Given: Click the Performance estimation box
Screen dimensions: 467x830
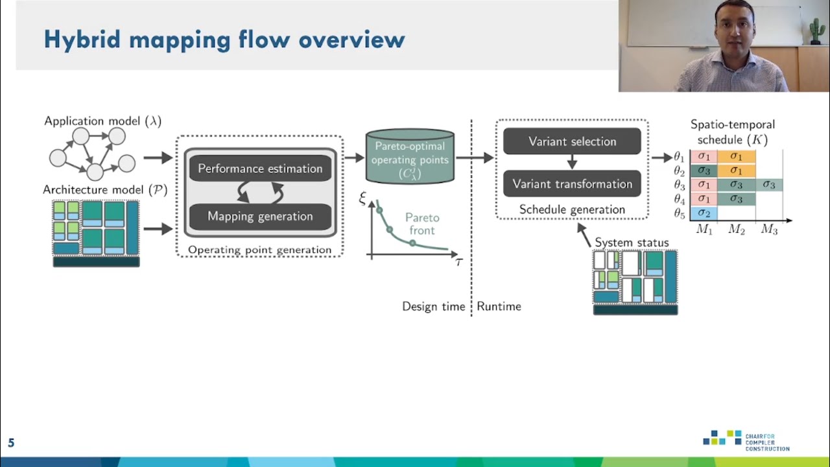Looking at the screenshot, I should (x=260, y=169).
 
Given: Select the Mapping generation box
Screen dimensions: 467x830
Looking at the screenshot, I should (x=260, y=217).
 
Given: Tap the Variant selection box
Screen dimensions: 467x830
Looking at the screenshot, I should (x=572, y=141).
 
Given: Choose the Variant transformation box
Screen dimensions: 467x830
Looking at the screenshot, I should (x=572, y=184).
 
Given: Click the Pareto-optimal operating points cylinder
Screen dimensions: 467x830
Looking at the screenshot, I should (x=410, y=157).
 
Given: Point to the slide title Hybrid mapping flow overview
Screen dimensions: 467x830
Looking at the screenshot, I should (x=224, y=40).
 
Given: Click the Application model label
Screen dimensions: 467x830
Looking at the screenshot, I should (x=102, y=121).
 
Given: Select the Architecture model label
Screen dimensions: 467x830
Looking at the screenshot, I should (x=105, y=189).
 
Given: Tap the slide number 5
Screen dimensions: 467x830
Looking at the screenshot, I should (x=11, y=444).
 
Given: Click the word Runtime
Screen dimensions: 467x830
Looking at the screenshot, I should (x=499, y=306).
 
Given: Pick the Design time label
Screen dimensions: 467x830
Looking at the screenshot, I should (x=433, y=306).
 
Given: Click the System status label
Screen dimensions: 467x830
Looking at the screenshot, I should (x=631, y=243).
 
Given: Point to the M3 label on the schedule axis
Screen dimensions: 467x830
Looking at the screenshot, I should (x=769, y=230).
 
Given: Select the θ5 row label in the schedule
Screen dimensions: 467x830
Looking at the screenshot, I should (x=680, y=213).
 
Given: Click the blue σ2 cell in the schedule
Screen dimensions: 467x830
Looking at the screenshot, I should (x=704, y=213).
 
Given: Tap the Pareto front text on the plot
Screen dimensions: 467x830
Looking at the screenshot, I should (x=422, y=224).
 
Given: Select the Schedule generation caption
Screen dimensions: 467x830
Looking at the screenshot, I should (x=572, y=210).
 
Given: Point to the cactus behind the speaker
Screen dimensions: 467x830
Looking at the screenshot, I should (x=816, y=30).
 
